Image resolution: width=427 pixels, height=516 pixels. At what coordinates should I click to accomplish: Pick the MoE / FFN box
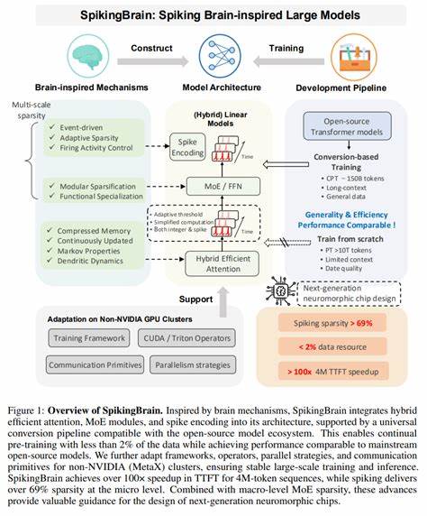point(213,187)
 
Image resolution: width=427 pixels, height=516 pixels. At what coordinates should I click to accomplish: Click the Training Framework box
point(90,337)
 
